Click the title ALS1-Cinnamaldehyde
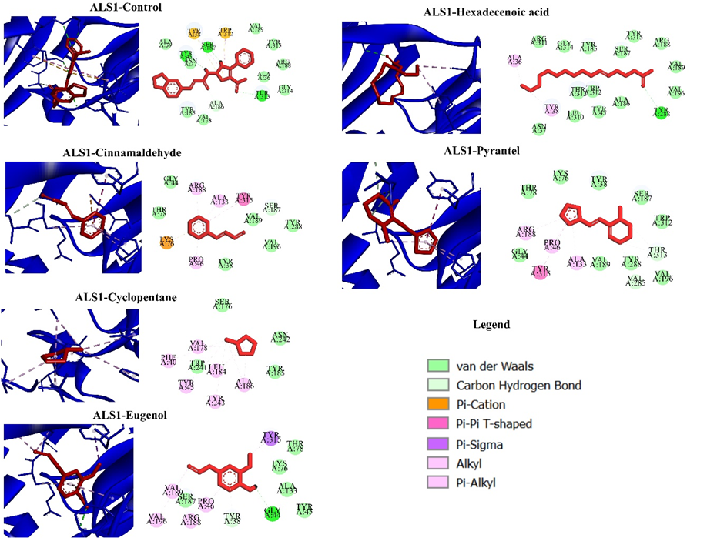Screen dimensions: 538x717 coord(116,152)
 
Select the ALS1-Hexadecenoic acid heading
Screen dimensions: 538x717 coord(502,12)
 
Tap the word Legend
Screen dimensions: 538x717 coord(491,325)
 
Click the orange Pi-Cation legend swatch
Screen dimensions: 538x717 coord(438,404)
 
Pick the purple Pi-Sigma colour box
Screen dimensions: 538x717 coord(438,444)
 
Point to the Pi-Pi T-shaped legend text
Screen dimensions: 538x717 coord(494,424)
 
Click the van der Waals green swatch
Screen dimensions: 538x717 coord(438,365)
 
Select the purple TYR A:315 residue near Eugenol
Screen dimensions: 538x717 coord(270,438)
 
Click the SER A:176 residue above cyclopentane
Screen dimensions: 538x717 coord(223,305)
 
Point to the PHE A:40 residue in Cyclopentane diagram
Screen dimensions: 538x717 coord(169,359)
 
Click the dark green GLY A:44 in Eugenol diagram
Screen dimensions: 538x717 coord(272,513)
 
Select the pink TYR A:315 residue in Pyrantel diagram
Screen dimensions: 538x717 coord(540,272)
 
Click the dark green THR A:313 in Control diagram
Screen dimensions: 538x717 coord(263,95)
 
